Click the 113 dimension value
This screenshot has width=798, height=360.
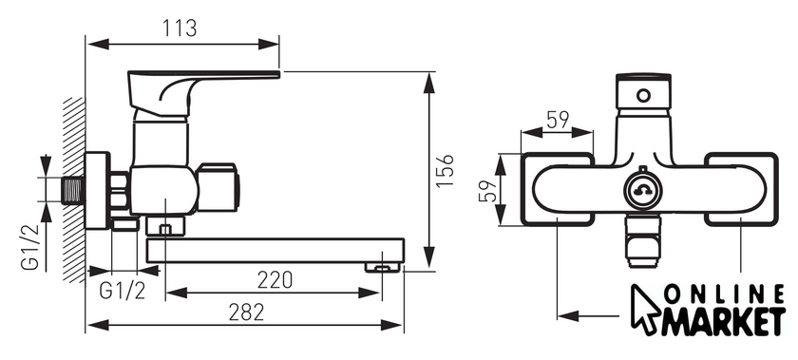point(180,28)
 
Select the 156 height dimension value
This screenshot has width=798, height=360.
point(445,171)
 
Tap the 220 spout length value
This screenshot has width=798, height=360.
point(275,280)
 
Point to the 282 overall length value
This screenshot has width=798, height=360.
point(246,313)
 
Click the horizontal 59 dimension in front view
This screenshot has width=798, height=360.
point(558,121)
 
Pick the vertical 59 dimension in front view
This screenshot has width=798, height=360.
point(487,191)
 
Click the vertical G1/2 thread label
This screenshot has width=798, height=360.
point(30,246)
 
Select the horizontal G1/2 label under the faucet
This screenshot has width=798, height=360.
point(123,291)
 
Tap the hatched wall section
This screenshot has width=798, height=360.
point(74,189)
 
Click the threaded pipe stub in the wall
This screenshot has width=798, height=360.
point(73,189)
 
